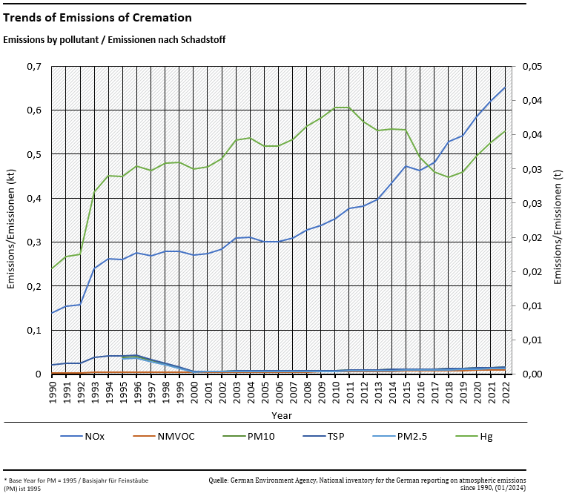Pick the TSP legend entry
pos(335,436)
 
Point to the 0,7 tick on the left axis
pos(33,67)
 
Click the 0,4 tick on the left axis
pos(33,199)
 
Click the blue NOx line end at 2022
pos(505,87)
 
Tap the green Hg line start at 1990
pos(52,268)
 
